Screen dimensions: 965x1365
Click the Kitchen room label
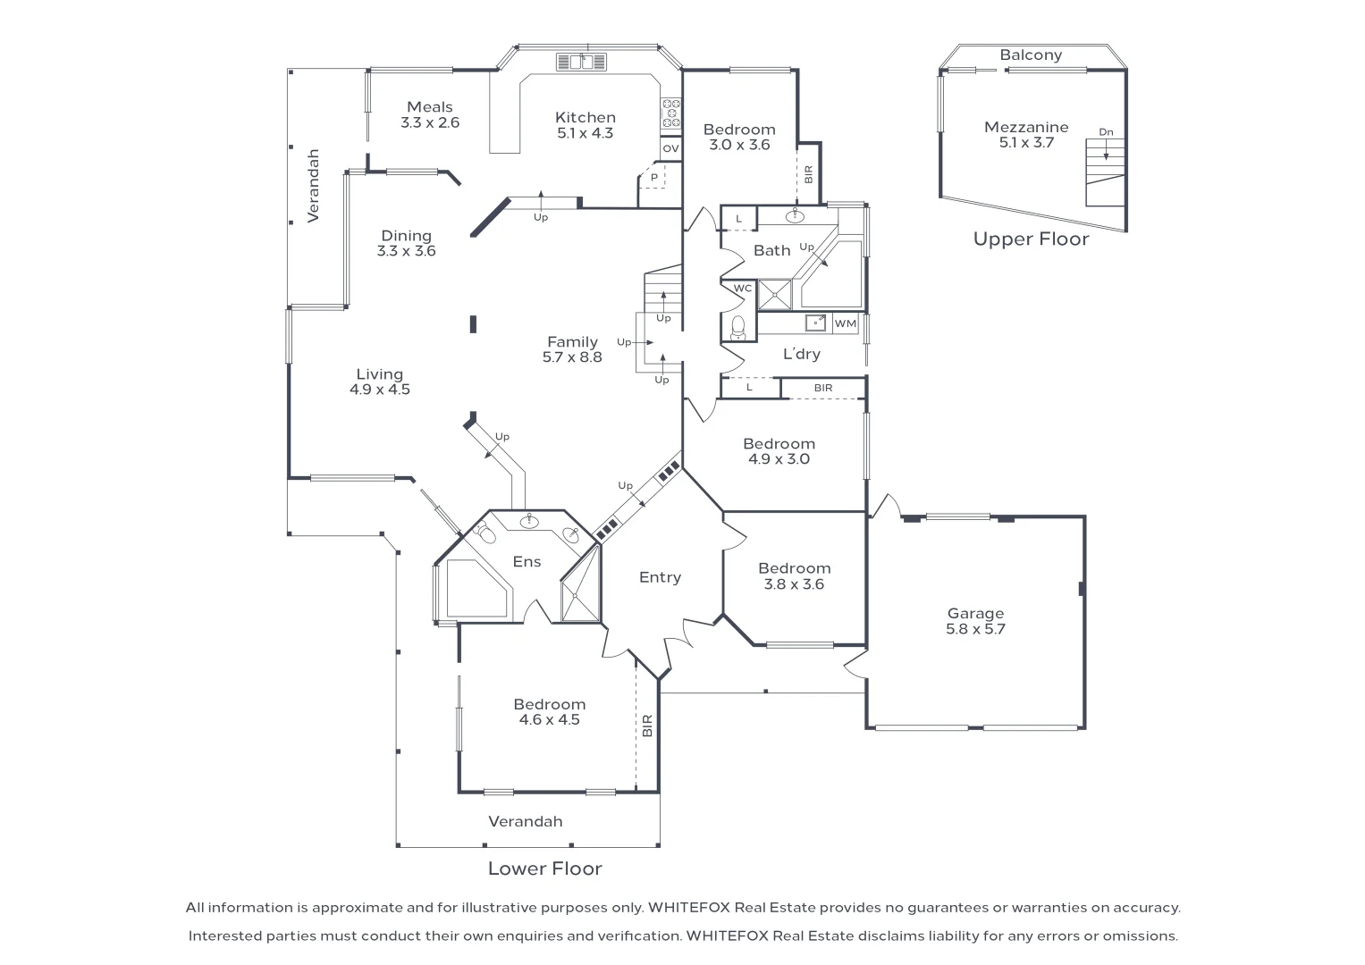[x=585, y=117]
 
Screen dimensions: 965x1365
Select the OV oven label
[x=670, y=148]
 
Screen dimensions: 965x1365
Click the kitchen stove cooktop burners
[x=670, y=113]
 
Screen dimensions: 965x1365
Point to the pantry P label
[x=654, y=178]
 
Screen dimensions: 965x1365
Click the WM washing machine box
[x=845, y=323]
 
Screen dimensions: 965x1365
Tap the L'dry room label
[x=801, y=354]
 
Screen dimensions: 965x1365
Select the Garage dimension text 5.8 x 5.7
[x=975, y=629]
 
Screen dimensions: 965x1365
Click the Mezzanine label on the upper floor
[x=1026, y=127]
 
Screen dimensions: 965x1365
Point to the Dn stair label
[x=1106, y=132]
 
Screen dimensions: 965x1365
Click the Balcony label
[x=1031, y=55]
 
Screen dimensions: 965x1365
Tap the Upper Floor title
[x=1031, y=239]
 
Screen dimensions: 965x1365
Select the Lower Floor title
[x=544, y=868]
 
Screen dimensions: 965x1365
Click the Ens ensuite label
[x=527, y=561]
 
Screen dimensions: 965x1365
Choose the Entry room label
[x=660, y=577]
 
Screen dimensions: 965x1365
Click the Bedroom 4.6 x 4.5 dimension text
[x=549, y=720]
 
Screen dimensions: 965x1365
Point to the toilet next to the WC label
[x=738, y=330]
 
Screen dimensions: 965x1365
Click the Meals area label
[x=430, y=107]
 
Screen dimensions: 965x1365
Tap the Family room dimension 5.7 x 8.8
[x=572, y=357]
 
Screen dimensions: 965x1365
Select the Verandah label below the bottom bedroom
[x=525, y=821]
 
